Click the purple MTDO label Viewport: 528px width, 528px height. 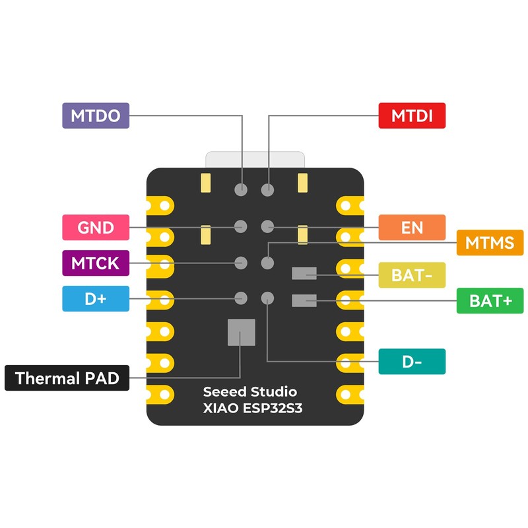95,116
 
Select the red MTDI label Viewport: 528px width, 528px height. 412,116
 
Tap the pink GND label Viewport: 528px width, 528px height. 95,228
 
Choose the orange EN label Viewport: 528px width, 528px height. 412,228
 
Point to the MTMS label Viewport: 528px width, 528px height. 490,243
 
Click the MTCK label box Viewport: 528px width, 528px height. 95,263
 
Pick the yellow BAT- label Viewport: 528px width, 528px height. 412,275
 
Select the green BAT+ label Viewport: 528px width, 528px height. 490,301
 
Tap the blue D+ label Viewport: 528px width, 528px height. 95,299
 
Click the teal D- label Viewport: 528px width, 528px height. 412,362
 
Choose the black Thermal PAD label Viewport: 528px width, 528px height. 67,378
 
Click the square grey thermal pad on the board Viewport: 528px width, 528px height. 241,332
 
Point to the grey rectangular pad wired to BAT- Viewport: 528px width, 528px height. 304,273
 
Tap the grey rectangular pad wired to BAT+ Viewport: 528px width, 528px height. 304,301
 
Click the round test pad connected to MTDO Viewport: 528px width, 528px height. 242,190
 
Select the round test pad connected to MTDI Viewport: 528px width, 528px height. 267,190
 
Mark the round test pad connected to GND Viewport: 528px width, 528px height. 242,227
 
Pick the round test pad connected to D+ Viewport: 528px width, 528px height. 242,298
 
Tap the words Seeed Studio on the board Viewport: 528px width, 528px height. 250,392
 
